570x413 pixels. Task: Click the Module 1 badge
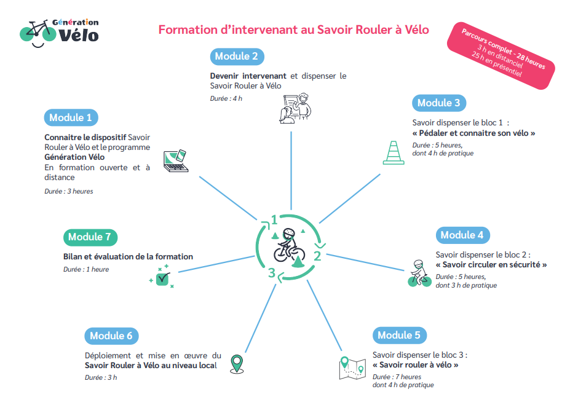(x=71, y=117)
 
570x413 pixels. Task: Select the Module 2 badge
(x=237, y=57)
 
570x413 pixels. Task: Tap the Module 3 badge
(x=439, y=103)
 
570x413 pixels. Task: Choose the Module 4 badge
(x=462, y=235)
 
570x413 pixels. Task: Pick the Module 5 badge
(x=399, y=336)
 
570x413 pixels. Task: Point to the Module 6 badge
(x=111, y=336)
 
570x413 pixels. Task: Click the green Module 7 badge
(x=90, y=237)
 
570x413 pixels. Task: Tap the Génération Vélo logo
(x=59, y=33)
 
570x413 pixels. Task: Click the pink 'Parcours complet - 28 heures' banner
(x=501, y=55)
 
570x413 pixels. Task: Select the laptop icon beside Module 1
(x=176, y=161)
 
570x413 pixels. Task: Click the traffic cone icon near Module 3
(x=394, y=152)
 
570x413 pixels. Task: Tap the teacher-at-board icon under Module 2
(x=295, y=108)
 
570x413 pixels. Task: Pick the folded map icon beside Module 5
(x=352, y=368)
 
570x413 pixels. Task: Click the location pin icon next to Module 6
(x=237, y=364)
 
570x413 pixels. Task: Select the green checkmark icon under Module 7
(x=162, y=277)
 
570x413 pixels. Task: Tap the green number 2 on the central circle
(x=317, y=256)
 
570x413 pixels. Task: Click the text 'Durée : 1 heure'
(x=86, y=270)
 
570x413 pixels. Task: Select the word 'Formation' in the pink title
(x=188, y=29)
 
